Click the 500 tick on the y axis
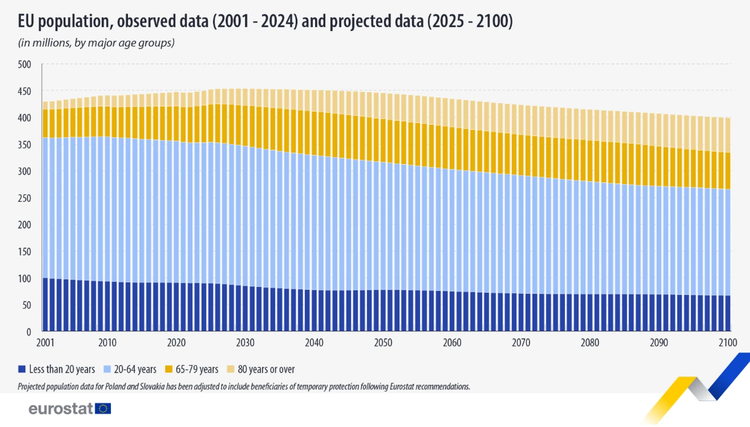click(x=24, y=65)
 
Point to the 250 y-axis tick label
click(x=24, y=198)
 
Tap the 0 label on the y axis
click(x=28, y=332)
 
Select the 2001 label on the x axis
click(x=45, y=343)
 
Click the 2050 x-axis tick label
click(x=383, y=343)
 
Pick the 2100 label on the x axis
click(x=728, y=343)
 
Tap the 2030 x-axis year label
click(x=245, y=343)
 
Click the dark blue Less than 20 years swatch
click(x=22, y=369)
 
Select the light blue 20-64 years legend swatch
click(x=107, y=369)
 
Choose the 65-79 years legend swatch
click(x=169, y=369)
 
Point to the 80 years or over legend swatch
click(x=230, y=369)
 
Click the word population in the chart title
click(x=74, y=22)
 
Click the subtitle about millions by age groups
click(x=96, y=43)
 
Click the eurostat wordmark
click(x=61, y=408)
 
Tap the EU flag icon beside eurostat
click(x=103, y=408)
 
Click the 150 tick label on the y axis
click(x=24, y=252)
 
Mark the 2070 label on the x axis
click(x=521, y=343)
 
